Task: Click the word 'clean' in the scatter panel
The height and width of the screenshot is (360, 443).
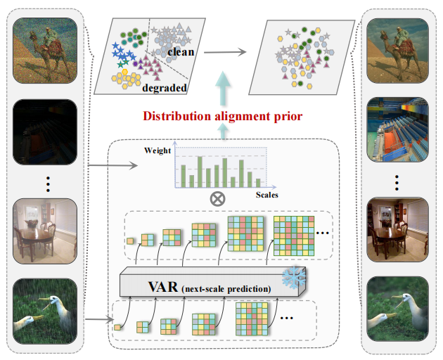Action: click(181, 52)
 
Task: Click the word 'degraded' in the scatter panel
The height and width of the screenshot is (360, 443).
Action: click(165, 88)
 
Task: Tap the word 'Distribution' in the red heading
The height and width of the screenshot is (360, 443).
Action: click(177, 116)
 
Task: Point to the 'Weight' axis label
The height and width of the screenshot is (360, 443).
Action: click(158, 150)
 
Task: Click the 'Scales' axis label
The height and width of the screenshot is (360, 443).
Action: click(267, 195)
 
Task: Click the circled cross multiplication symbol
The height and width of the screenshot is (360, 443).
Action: click(217, 199)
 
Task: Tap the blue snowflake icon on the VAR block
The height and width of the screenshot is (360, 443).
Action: click(294, 276)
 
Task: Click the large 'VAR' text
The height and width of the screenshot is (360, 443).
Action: click(163, 287)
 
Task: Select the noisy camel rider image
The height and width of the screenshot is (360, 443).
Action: click(45, 51)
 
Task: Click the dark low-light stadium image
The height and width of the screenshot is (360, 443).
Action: click(45, 132)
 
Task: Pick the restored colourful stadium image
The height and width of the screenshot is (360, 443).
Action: click(397, 129)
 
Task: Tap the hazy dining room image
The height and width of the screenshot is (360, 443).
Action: click(45, 231)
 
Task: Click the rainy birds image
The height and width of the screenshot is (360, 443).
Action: click(45, 311)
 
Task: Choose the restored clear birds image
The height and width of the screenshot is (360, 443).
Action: click(397, 309)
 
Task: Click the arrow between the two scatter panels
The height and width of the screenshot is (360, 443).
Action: click(225, 52)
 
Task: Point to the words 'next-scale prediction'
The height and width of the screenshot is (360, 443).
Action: click(226, 289)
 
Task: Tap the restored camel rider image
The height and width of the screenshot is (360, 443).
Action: click(397, 51)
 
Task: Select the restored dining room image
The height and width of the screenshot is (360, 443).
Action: click(397, 229)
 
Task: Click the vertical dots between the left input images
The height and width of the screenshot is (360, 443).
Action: click(48, 184)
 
